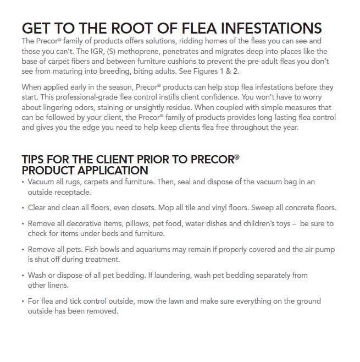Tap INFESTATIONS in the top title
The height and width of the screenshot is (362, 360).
coord(273,29)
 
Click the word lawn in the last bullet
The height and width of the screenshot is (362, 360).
coord(191,301)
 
